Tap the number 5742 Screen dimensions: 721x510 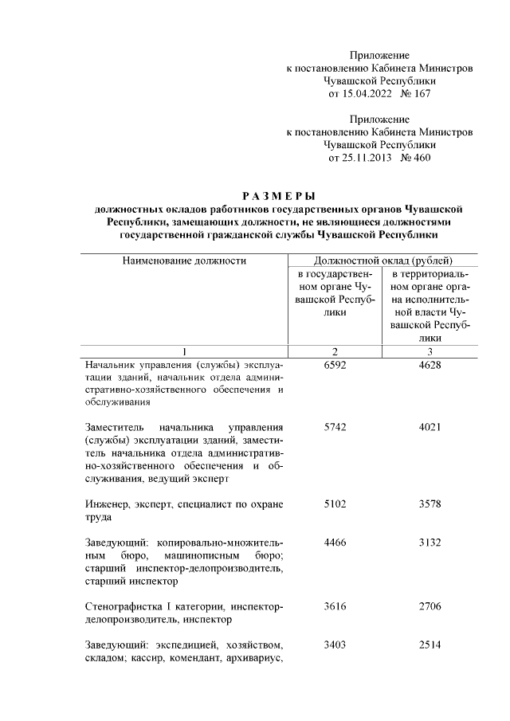[x=335, y=428]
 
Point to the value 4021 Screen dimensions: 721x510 [x=430, y=428]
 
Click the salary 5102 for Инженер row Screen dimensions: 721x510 [x=335, y=504]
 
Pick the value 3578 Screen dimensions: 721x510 [x=430, y=504]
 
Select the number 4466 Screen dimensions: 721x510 [x=335, y=542]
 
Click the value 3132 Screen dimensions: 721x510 [x=430, y=542]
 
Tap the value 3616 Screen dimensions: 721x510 [x=335, y=606]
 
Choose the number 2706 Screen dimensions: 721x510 [x=430, y=606]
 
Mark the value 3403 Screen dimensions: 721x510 [x=335, y=645]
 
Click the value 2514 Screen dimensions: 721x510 [x=430, y=645]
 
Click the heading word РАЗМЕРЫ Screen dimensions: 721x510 [x=278, y=196]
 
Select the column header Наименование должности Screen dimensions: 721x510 [x=184, y=261]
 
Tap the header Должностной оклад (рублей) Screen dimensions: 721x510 [x=382, y=261]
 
